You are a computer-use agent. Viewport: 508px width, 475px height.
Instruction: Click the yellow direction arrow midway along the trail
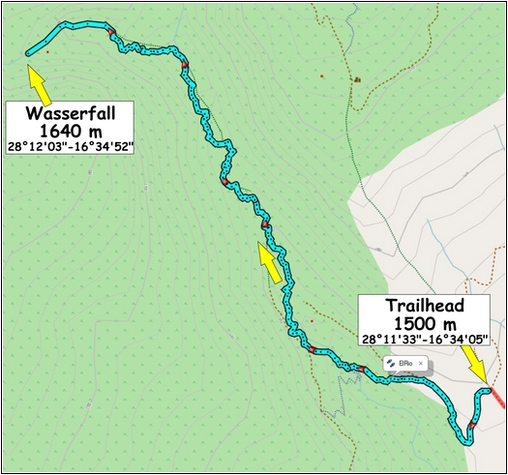coord(270,262)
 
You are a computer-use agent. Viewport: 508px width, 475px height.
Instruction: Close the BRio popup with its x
coord(421,363)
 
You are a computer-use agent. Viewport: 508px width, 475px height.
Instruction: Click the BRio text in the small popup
coord(406,363)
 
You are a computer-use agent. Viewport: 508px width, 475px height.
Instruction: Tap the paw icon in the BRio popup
coord(392,363)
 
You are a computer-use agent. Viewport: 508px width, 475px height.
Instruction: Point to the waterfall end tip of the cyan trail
coord(26,52)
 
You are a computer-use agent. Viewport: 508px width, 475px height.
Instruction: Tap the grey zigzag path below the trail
coord(344,386)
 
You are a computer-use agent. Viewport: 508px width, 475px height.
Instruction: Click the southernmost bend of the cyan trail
coord(468,440)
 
